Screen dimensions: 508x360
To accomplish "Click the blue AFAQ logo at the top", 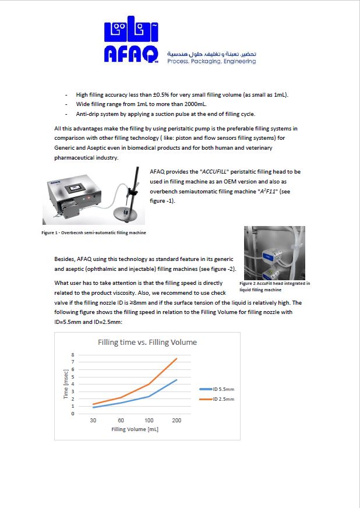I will pyautogui.click(x=132, y=43).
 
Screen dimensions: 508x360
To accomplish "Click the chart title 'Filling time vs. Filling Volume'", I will pyautogui.click(x=147, y=342).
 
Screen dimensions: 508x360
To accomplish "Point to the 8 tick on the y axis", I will pyautogui.click(x=73, y=354).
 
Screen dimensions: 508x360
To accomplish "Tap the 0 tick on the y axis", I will pyautogui.click(x=73, y=414).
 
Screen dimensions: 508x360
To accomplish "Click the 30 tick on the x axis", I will pyautogui.click(x=93, y=421).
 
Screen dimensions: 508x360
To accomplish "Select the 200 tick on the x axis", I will pyautogui.click(x=177, y=421).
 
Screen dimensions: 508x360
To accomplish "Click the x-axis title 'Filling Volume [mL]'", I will pyautogui.click(x=135, y=430).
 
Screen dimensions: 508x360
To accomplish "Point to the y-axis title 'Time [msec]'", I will pyautogui.click(x=66, y=384).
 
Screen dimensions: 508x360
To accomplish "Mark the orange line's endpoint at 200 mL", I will pyautogui.click(x=177, y=358).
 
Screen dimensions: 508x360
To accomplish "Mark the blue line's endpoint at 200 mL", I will pyautogui.click(x=177, y=380).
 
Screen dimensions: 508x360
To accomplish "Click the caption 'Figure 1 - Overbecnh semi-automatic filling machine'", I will pyautogui.click(x=93, y=232).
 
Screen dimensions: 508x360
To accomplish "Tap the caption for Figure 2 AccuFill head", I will pyautogui.click(x=274, y=286).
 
